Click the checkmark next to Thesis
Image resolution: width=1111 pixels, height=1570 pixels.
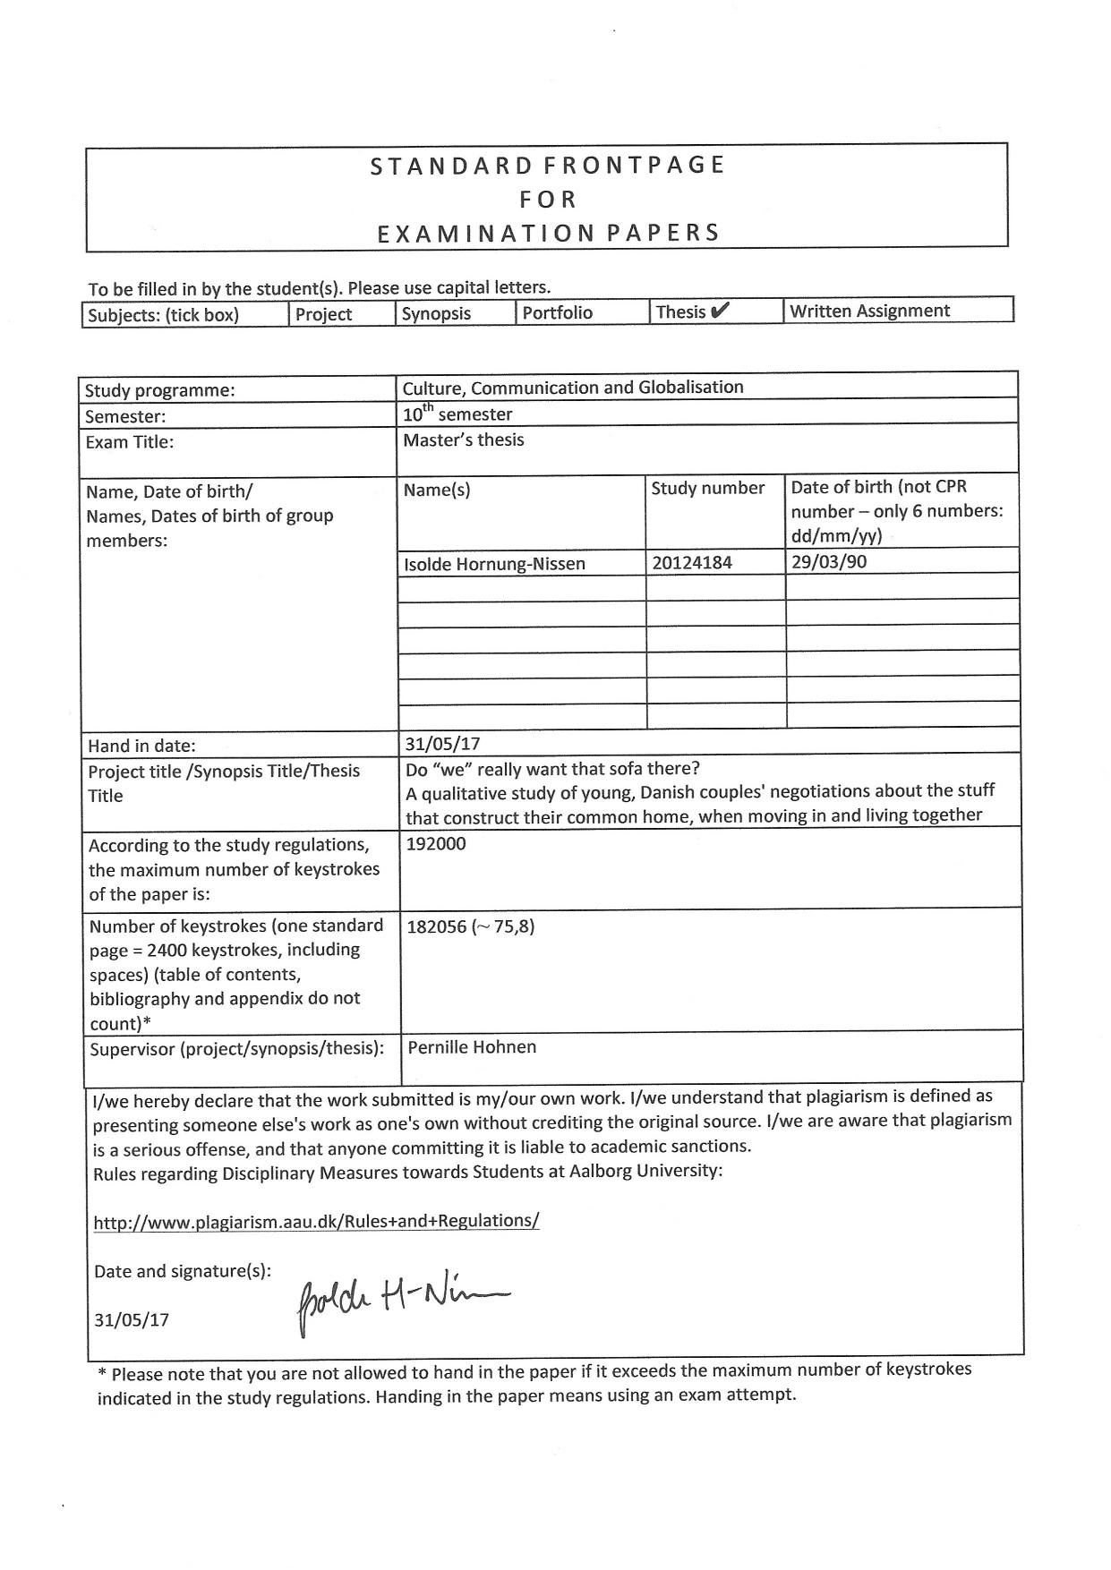click(721, 311)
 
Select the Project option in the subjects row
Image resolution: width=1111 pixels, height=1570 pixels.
click(324, 314)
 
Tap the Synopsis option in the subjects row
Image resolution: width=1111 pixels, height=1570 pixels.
click(436, 313)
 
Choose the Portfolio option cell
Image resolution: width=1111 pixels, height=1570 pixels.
click(557, 312)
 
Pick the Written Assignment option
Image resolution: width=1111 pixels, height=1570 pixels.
click(869, 311)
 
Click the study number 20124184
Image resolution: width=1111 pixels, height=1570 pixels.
click(692, 562)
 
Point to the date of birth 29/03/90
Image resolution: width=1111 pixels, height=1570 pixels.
click(829, 561)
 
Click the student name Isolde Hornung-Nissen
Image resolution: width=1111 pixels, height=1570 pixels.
click(494, 563)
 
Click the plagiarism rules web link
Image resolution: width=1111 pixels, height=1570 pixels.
click(316, 1221)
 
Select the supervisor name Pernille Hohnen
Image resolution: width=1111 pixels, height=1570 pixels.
click(472, 1047)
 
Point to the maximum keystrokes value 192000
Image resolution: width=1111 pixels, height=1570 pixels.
click(436, 843)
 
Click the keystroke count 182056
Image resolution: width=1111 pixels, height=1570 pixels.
click(437, 926)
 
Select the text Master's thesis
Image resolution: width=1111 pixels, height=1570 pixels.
click(464, 439)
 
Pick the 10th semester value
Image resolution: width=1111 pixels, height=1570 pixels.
click(457, 414)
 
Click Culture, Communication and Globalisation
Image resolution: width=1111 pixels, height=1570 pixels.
click(573, 388)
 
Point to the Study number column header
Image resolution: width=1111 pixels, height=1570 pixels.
click(707, 488)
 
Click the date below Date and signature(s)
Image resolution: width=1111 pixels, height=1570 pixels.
click(132, 1319)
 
